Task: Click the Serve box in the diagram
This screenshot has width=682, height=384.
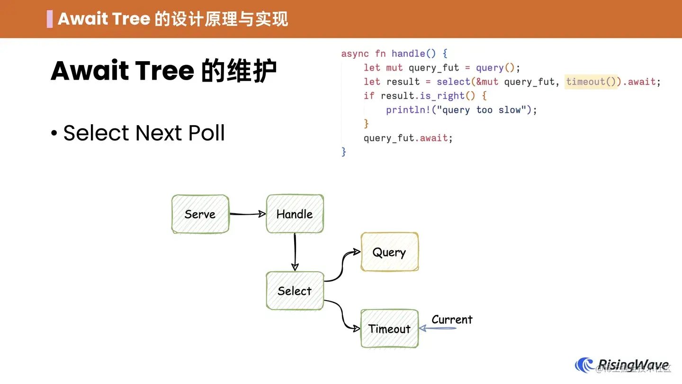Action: pos(200,214)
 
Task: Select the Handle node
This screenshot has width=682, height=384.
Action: pos(295,214)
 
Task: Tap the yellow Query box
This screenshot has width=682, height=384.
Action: pos(389,252)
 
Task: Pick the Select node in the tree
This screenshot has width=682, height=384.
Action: pos(295,291)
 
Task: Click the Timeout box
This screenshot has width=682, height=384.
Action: pos(389,329)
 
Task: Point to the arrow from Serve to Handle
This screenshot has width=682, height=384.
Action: pos(247,214)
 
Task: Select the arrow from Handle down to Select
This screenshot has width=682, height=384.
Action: pos(295,252)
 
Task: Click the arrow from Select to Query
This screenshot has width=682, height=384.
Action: pos(342,268)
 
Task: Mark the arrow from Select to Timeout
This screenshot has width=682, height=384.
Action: pos(342,314)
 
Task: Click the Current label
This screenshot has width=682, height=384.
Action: pos(452,320)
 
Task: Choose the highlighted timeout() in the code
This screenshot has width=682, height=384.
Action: pos(591,82)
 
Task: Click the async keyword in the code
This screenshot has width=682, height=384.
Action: pos(355,54)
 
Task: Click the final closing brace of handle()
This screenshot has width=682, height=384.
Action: pos(344,152)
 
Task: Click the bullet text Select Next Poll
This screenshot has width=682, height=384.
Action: pos(144,133)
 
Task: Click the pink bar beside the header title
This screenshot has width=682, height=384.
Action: pos(50,19)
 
